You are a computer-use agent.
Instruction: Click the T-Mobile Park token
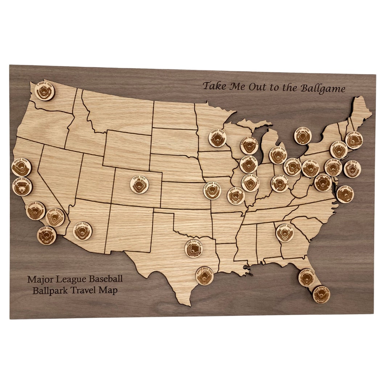pyautogui.click(x=45, y=91)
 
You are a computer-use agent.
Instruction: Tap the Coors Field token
pyautogui.click(x=139, y=185)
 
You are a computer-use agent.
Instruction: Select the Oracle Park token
pyautogui.click(x=21, y=167)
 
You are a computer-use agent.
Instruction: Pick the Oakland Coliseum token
pyautogui.click(x=22, y=187)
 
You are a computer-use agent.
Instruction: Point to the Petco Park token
pyautogui.click(x=46, y=236)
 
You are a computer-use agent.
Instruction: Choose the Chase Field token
pyautogui.click(x=82, y=231)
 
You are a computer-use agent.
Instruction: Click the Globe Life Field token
pyautogui.click(x=194, y=249)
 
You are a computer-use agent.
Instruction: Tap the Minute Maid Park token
pyautogui.click(x=204, y=276)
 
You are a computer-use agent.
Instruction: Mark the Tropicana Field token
pyautogui.click(x=307, y=278)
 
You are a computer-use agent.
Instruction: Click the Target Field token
pyautogui.click(x=217, y=138)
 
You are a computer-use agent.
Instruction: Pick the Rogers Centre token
pyautogui.click(x=303, y=136)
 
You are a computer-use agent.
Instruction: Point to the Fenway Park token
pyautogui.click(x=354, y=140)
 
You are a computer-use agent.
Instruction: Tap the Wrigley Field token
pyautogui.click(x=249, y=164)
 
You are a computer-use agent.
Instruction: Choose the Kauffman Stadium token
pyautogui.click(x=212, y=191)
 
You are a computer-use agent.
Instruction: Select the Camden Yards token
pyautogui.click(x=345, y=194)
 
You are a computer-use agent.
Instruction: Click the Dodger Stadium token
pyautogui.click(x=36, y=211)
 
